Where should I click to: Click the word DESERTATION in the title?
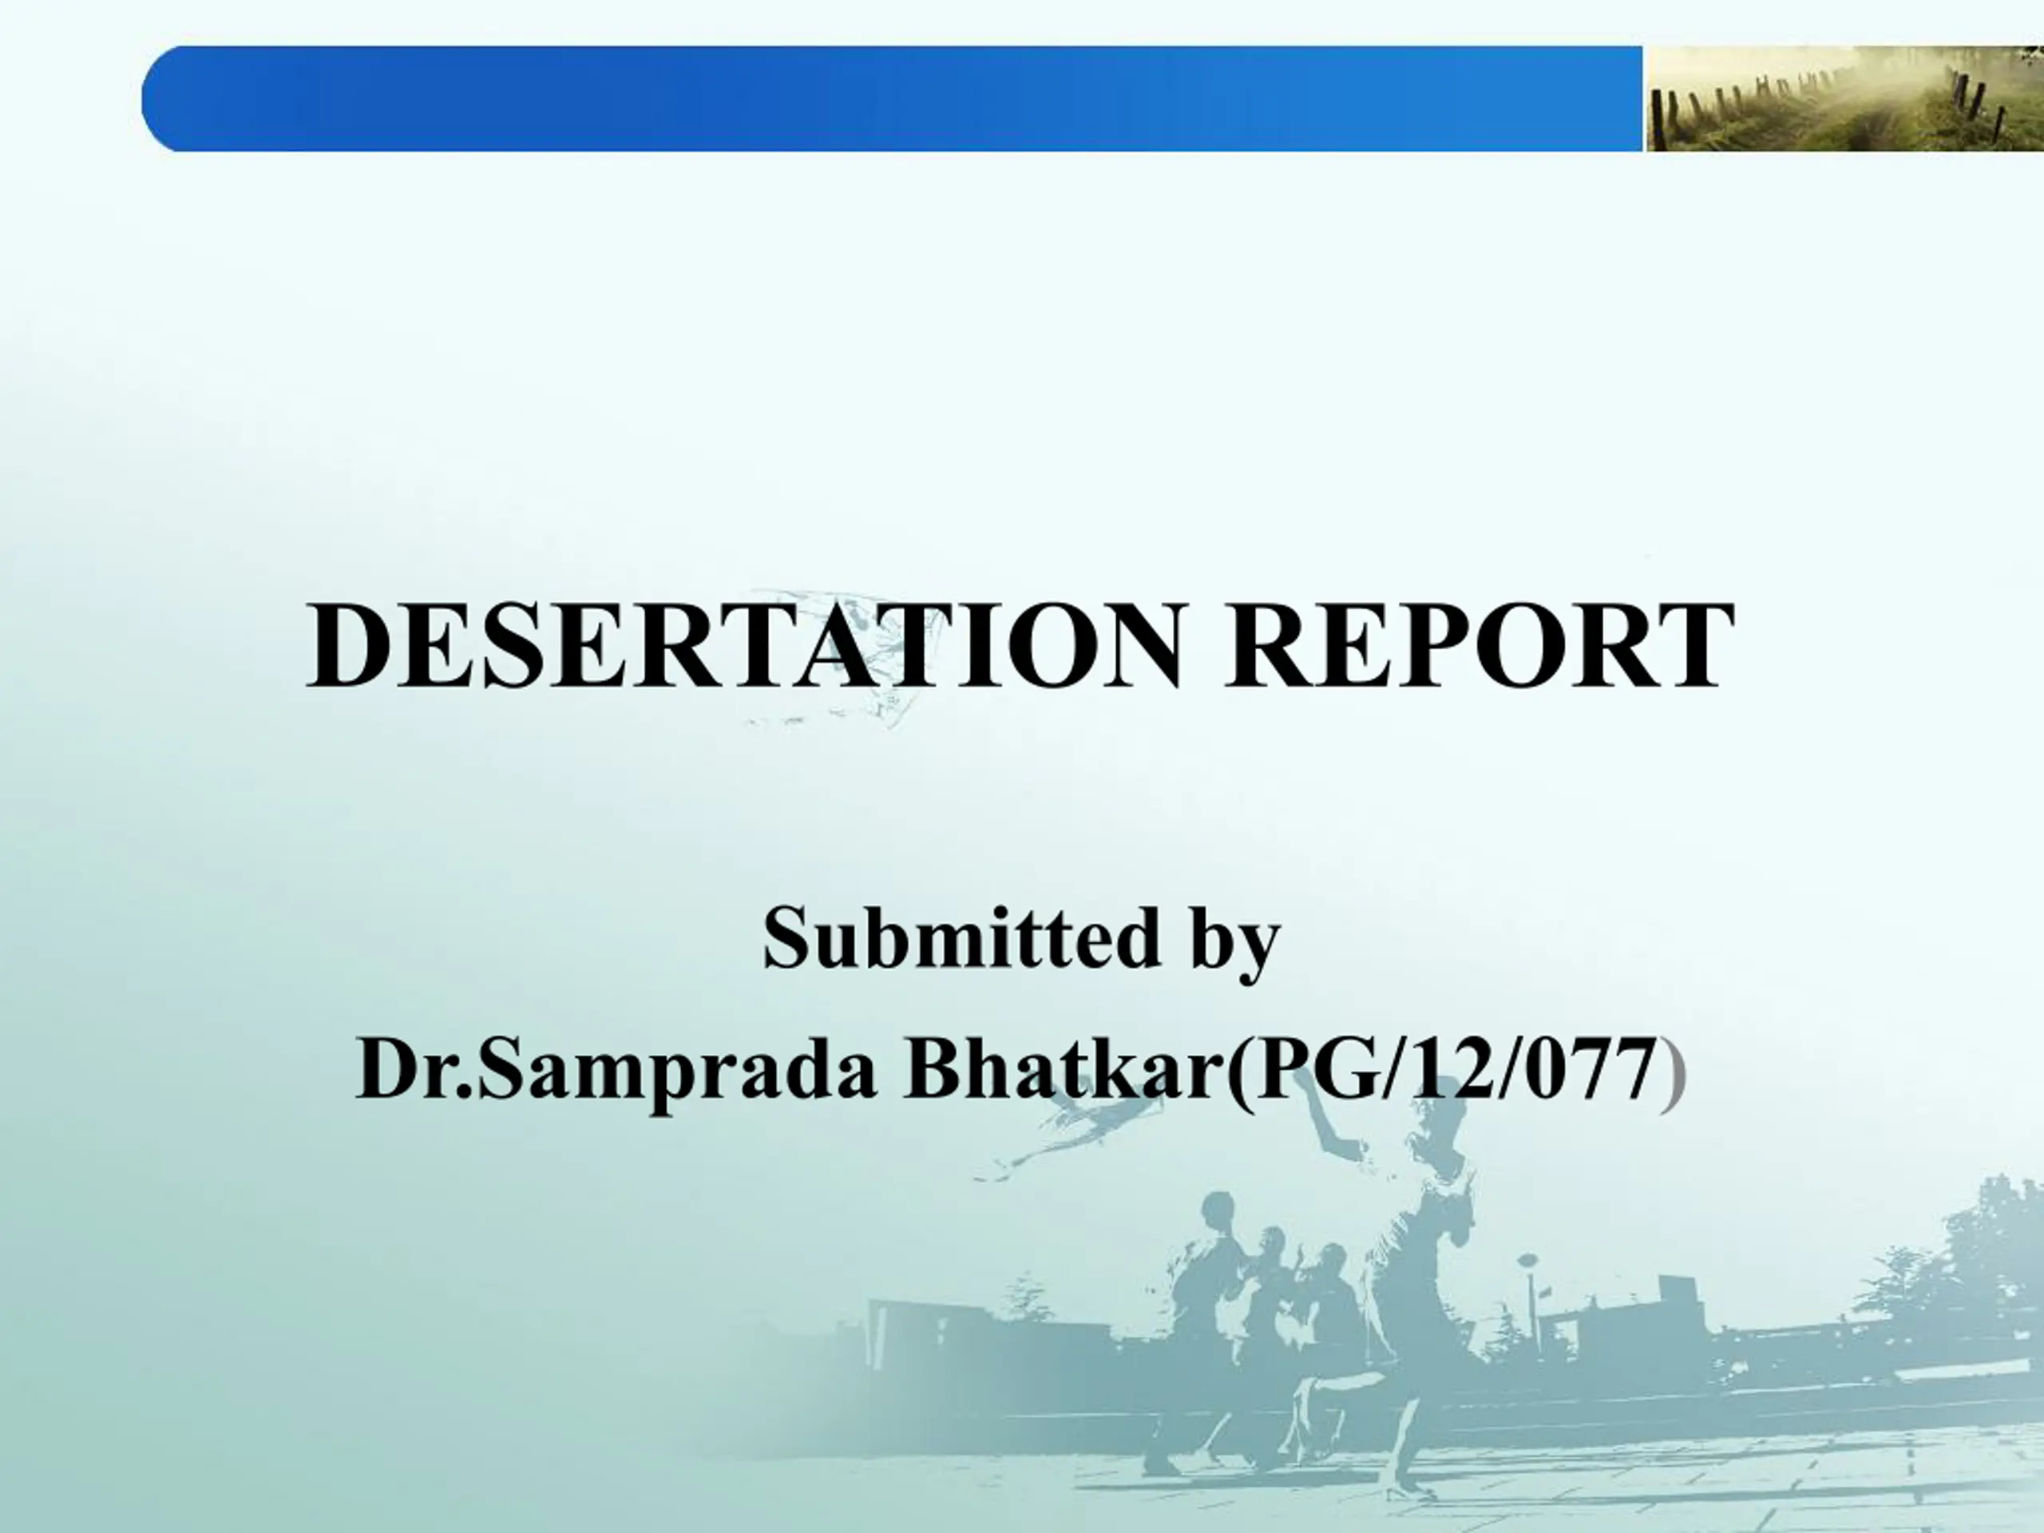point(745,645)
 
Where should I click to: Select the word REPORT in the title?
point(1480,645)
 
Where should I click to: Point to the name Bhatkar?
point(1064,1069)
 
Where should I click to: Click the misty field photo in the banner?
point(1844,99)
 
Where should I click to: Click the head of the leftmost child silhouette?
point(1218,1210)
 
